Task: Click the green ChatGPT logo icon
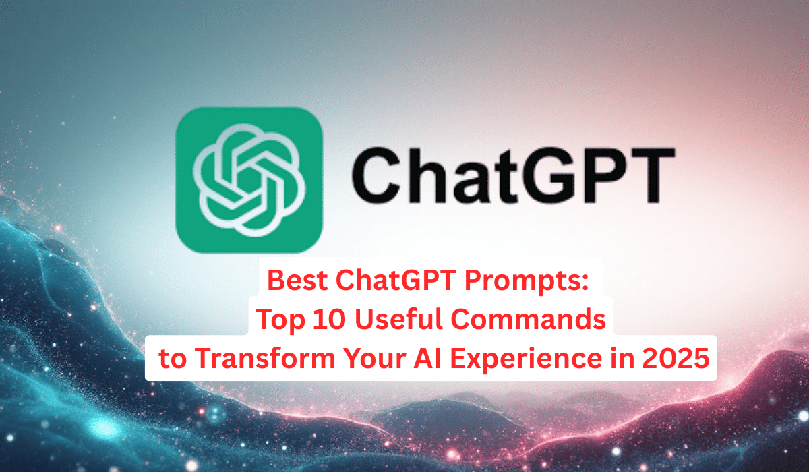coord(249,180)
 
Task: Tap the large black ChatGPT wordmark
coord(513,175)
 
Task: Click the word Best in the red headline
coord(297,281)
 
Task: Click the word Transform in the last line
coord(265,358)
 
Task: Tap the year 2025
coord(676,358)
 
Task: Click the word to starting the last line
coord(173,359)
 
